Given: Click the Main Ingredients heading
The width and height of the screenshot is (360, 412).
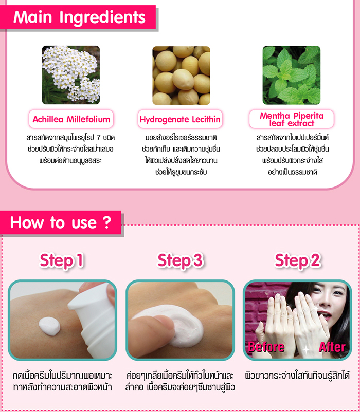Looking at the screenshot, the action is click(79, 17).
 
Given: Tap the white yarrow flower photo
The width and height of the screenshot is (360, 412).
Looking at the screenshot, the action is click(71, 75).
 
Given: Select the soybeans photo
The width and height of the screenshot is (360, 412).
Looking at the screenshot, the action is click(181, 76).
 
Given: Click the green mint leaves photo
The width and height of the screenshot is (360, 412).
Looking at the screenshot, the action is click(292, 75).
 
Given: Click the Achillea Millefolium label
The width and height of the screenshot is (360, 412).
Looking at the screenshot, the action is click(71, 119).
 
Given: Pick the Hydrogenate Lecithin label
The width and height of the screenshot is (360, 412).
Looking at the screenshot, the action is click(180, 119).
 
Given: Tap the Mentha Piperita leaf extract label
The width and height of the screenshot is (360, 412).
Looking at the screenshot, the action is click(292, 119).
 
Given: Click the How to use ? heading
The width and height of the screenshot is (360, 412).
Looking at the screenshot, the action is click(61, 222).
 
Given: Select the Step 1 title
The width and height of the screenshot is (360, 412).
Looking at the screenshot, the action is click(62, 260).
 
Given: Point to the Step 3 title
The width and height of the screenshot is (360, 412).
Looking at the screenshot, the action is click(180, 260).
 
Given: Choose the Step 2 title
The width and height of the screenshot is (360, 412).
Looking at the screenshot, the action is click(297, 260).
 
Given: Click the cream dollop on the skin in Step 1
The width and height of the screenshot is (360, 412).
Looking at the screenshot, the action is click(49, 326).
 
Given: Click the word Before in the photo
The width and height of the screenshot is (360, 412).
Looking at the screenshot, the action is click(266, 347).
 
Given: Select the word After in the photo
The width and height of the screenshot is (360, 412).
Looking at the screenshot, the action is click(332, 347).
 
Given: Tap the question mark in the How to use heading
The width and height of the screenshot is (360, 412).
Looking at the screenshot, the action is click(107, 222).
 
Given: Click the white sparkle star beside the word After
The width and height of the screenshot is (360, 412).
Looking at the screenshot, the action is click(307, 350).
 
